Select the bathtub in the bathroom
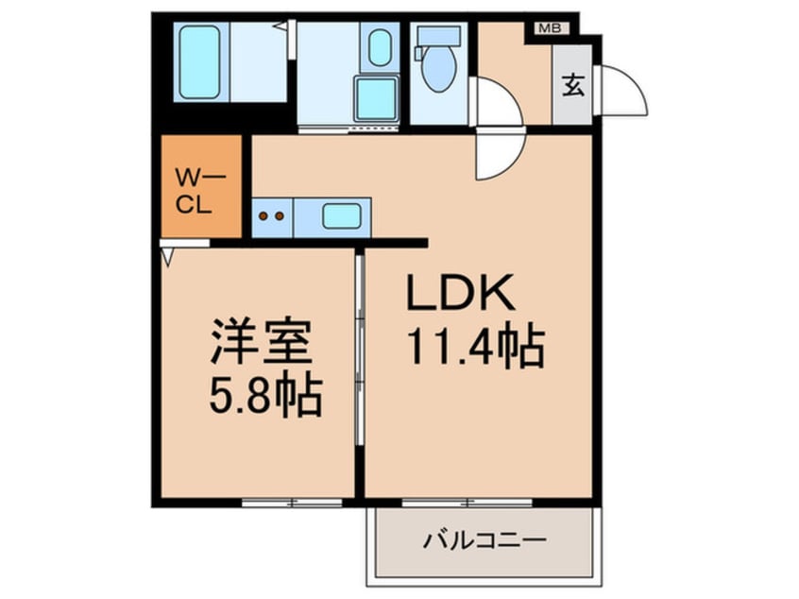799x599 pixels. [x=199, y=62]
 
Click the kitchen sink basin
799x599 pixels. [x=341, y=215]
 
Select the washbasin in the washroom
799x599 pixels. [x=380, y=48]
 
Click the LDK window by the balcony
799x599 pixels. [x=467, y=501]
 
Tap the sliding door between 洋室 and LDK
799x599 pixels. [x=359, y=378]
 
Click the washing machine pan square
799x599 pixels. [x=376, y=96]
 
